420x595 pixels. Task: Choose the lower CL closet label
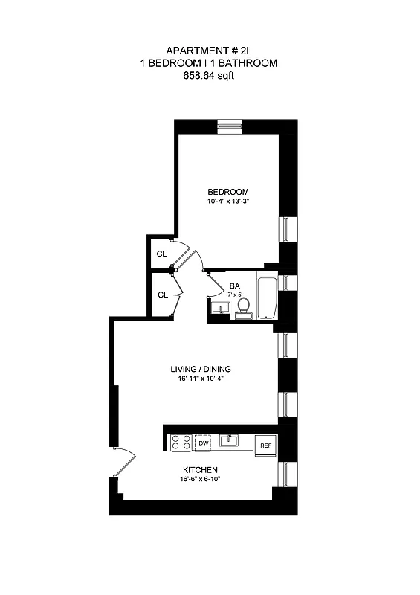[162, 295]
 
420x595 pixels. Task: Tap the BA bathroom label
[235, 286]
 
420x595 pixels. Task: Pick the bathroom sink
[220, 307]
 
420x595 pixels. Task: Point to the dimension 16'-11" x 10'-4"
[196, 379]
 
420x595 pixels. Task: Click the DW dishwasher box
[203, 443]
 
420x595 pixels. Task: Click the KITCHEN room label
[200, 470]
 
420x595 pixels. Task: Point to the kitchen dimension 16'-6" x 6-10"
[200, 480]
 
